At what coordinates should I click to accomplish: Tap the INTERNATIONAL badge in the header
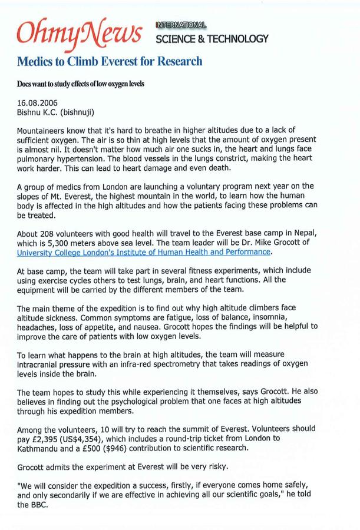(181, 25)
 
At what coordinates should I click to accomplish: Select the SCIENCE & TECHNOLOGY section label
(212, 39)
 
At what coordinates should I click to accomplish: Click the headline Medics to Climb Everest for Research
(110, 62)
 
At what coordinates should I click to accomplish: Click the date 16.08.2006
(37, 102)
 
